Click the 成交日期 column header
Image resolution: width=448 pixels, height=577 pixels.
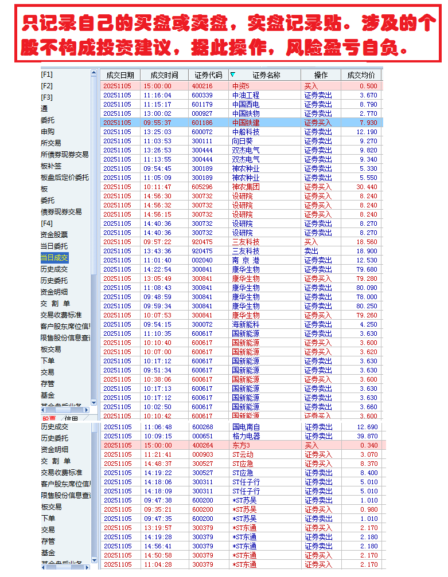[x=120, y=75]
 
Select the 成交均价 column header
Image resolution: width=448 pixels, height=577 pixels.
[x=361, y=75]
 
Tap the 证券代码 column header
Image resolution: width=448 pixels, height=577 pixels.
[x=208, y=75]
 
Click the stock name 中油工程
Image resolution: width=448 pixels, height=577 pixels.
[x=246, y=95]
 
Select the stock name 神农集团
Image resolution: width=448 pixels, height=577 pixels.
[x=246, y=187]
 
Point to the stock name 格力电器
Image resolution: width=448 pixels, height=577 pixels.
[x=246, y=436]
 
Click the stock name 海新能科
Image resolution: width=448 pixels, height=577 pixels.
[x=246, y=324]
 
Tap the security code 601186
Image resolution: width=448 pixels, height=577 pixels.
[x=202, y=123]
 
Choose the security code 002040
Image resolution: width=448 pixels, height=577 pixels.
[x=202, y=260]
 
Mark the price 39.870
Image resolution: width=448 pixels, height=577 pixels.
[x=367, y=436]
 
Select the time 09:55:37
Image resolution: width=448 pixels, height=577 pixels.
[x=157, y=123]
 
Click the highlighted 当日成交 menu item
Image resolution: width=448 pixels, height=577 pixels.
[x=54, y=258]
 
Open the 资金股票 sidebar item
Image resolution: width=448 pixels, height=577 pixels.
[x=54, y=235]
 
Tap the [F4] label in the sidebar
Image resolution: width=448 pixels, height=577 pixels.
[x=46, y=223]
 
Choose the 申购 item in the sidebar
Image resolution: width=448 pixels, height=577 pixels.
[x=48, y=132]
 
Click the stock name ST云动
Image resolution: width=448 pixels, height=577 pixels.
[x=243, y=454]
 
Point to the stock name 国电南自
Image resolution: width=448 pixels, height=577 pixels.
[x=246, y=427]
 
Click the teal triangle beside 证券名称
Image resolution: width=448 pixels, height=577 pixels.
[x=232, y=74]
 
